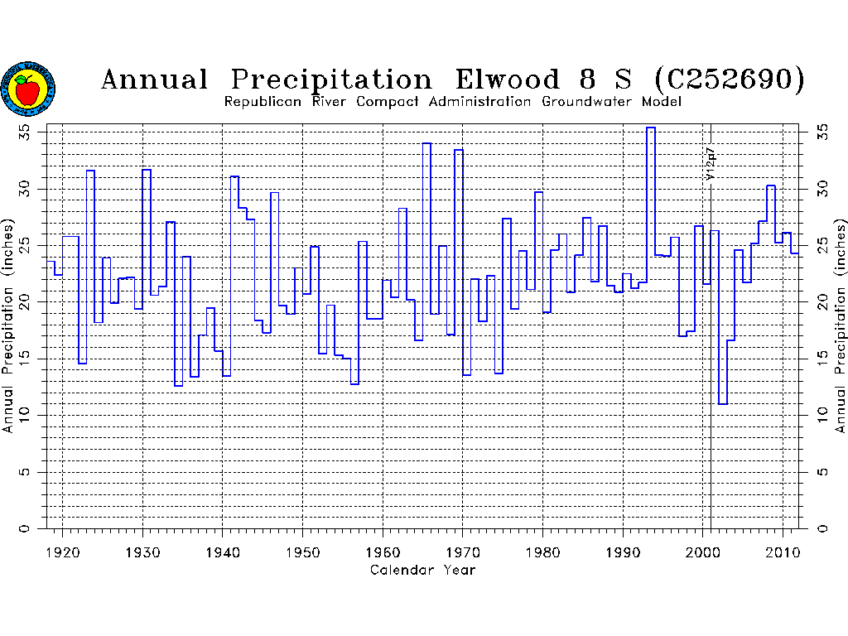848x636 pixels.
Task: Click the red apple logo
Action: (x=28, y=89)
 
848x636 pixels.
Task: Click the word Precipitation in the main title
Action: (x=331, y=80)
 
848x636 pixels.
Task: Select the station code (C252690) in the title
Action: (x=729, y=80)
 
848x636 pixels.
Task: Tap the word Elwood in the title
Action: (x=508, y=80)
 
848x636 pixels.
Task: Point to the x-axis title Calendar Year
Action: (x=422, y=570)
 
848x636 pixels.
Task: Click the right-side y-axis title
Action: (x=841, y=326)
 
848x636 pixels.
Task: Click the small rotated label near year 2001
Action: (x=710, y=164)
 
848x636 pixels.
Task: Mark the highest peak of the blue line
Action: (x=651, y=128)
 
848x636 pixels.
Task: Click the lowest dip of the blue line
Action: (x=723, y=404)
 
